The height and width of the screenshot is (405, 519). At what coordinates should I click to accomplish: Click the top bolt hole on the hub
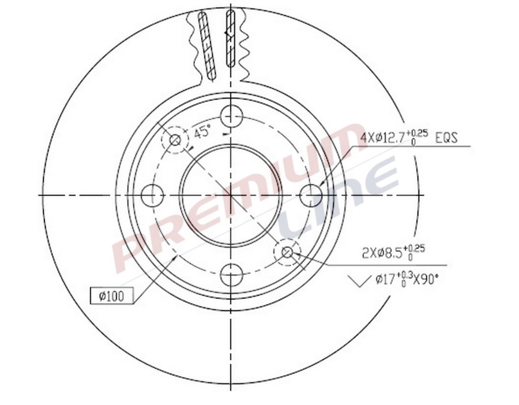231,115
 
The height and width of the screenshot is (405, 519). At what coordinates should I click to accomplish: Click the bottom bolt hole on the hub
231,274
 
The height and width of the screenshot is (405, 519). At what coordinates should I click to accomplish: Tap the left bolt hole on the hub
152,195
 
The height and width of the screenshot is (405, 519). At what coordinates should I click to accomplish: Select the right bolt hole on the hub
311,195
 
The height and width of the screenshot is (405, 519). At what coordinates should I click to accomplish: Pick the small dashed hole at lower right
288,252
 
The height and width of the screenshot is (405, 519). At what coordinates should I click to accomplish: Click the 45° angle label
201,132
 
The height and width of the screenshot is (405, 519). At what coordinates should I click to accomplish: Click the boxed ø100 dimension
112,297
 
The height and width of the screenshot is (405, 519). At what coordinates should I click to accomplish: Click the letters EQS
445,138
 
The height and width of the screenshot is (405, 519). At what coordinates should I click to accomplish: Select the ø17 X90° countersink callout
407,280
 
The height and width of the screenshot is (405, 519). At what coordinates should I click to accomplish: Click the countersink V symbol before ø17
359,282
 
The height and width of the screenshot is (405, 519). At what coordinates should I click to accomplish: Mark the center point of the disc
231,195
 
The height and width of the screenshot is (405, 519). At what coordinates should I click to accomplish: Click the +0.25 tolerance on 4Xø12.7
420,133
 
